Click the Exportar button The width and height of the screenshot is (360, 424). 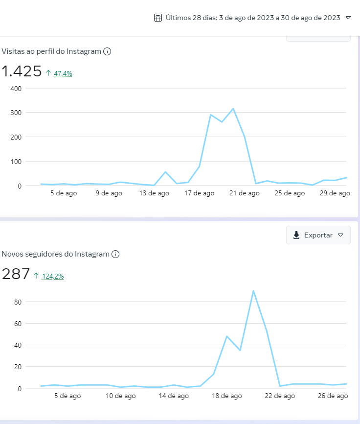[318, 235]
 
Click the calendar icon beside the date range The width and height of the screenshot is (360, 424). [158, 18]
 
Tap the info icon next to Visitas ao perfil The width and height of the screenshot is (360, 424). [107, 51]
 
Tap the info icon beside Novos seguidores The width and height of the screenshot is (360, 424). [115, 254]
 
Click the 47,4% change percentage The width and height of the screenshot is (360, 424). [63, 73]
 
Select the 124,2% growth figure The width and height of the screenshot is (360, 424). [53, 276]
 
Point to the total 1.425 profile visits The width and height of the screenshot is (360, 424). [22, 71]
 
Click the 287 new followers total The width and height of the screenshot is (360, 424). [16, 274]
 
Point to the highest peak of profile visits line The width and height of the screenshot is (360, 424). [233, 109]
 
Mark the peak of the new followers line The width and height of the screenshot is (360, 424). [253, 291]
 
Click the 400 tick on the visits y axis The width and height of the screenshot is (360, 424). [16, 89]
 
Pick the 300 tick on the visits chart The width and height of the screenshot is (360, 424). [16, 113]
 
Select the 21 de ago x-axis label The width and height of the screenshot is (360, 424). [245, 193]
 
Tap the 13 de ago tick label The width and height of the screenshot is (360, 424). [154, 193]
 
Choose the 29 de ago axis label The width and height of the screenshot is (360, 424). [335, 193]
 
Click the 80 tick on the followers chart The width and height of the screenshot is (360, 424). [18, 302]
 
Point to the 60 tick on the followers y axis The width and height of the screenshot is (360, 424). [18, 324]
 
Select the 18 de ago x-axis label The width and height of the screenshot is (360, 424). [227, 396]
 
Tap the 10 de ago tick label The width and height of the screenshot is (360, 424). [121, 396]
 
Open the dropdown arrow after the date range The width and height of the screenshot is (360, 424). [348, 18]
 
